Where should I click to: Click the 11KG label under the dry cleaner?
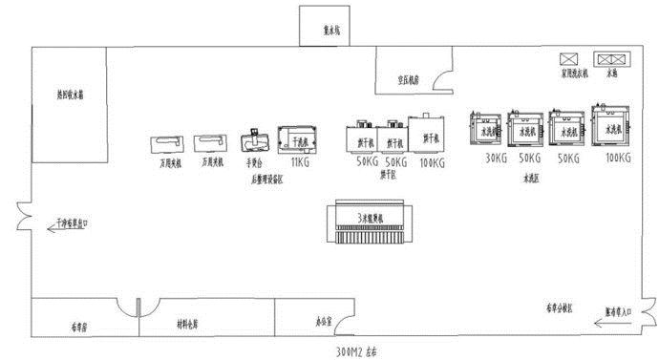tap(299, 162)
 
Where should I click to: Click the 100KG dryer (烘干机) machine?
tap(426, 136)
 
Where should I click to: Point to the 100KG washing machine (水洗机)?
tap(609, 125)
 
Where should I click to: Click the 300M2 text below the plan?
tap(355, 350)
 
